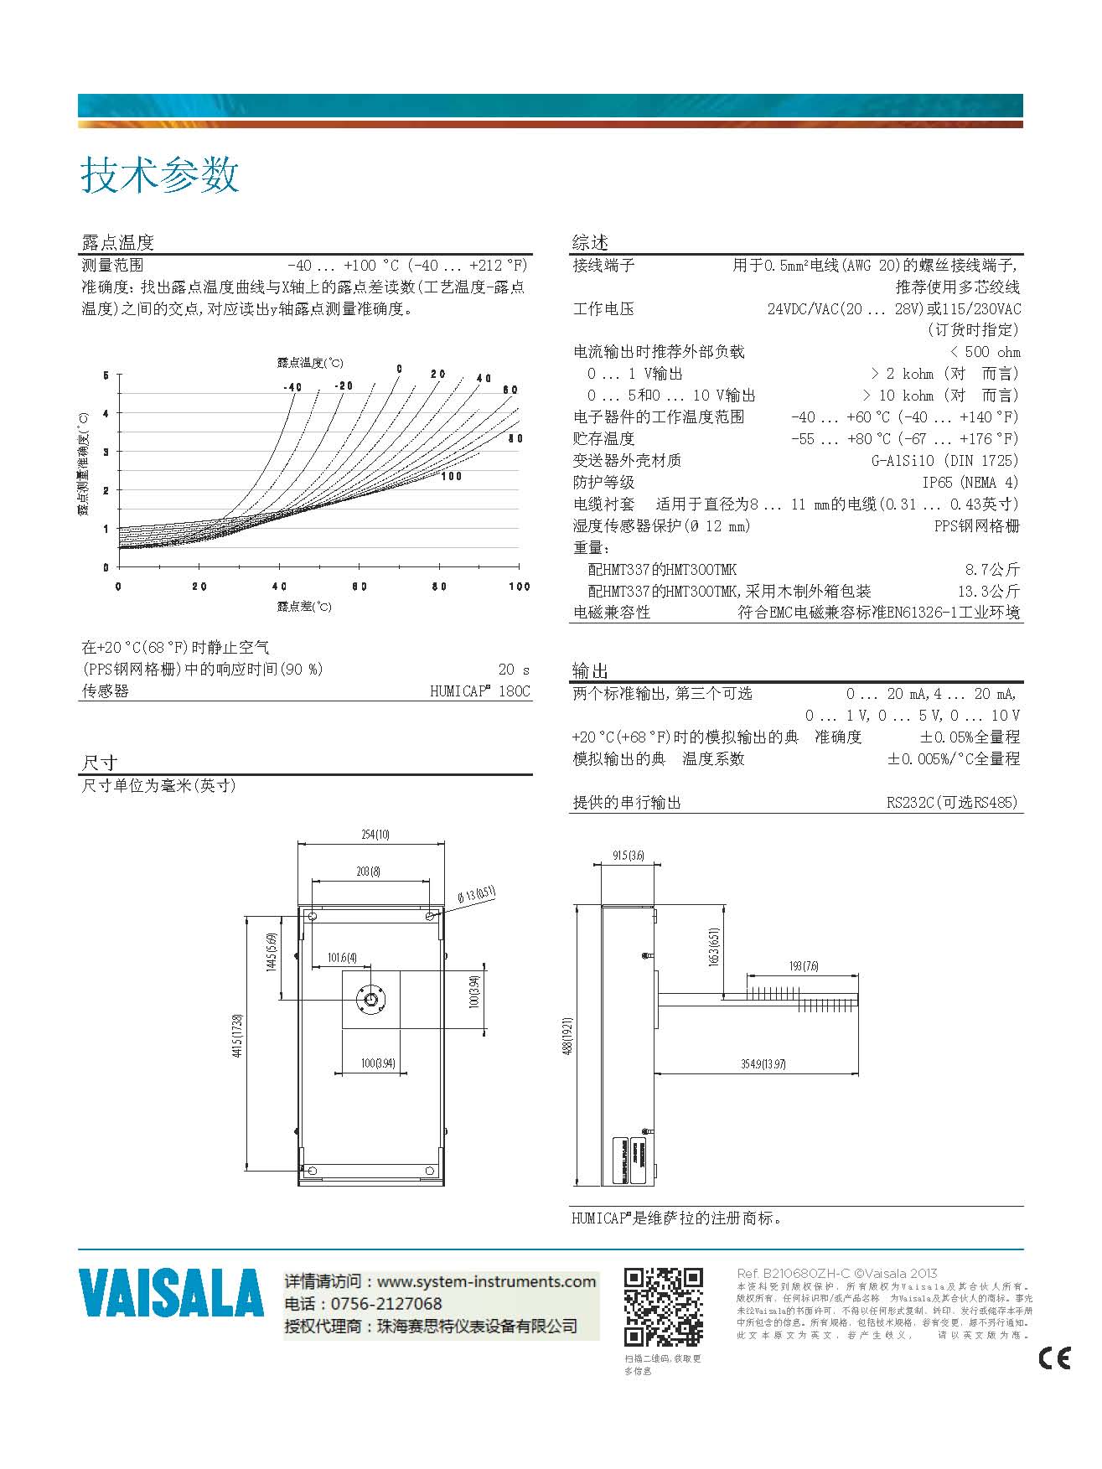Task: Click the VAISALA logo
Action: pos(171,1293)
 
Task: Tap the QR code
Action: pos(663,1306)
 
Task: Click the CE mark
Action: pos(1054,1357)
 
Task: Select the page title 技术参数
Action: pos(160,175)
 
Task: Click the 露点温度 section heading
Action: pos(117,243)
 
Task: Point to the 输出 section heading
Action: pos(590,670)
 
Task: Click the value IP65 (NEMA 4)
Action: pos(970,482)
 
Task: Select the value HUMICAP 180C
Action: pos(480,691)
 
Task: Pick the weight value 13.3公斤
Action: pos(989,591)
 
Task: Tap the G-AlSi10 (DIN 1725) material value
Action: pos(945,460)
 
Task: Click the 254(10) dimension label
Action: pos(375,835)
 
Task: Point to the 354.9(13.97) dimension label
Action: pos(763,1064)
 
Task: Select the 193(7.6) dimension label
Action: pos(804,966)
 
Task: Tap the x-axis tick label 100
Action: pos(520,587)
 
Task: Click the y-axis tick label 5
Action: pos(106,375)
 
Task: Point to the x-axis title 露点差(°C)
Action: pos(304,606)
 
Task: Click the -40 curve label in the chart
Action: pos(292,387)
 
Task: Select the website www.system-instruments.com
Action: pos(486,1281)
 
